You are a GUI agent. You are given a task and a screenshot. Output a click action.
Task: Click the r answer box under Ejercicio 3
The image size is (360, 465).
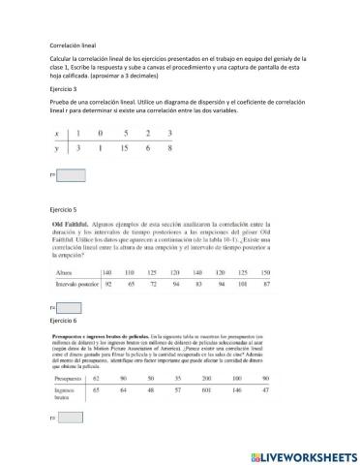(x=72, y=175)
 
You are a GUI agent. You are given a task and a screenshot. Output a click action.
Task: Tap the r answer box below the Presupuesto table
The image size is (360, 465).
(x=72, y=418)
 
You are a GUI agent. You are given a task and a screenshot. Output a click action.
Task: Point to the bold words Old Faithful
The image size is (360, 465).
(x=73, y=224)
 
